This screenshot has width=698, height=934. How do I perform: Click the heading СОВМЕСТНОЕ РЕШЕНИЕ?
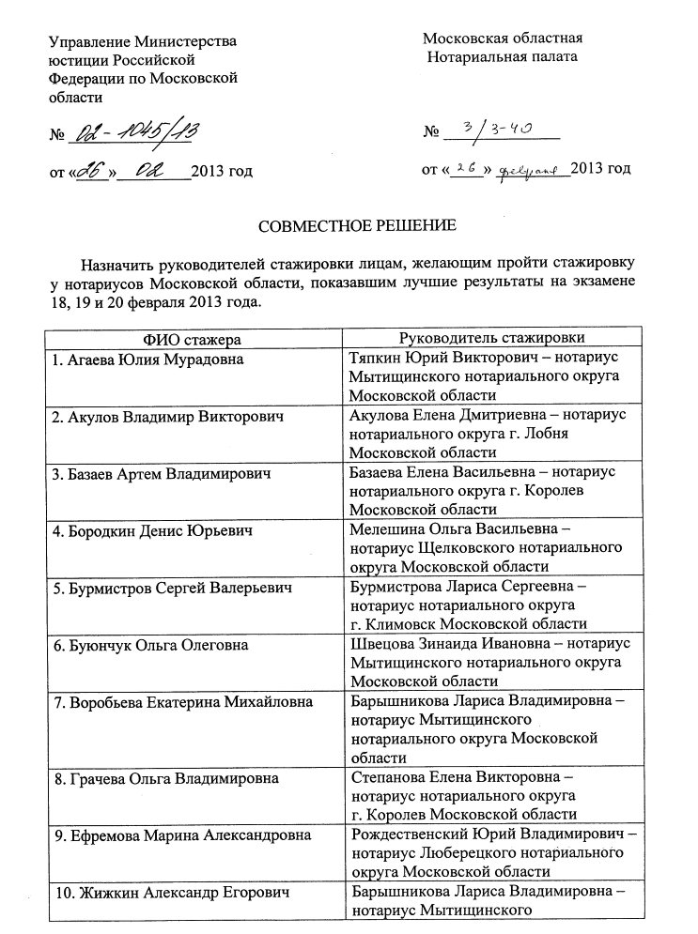(x=357, y=226)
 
